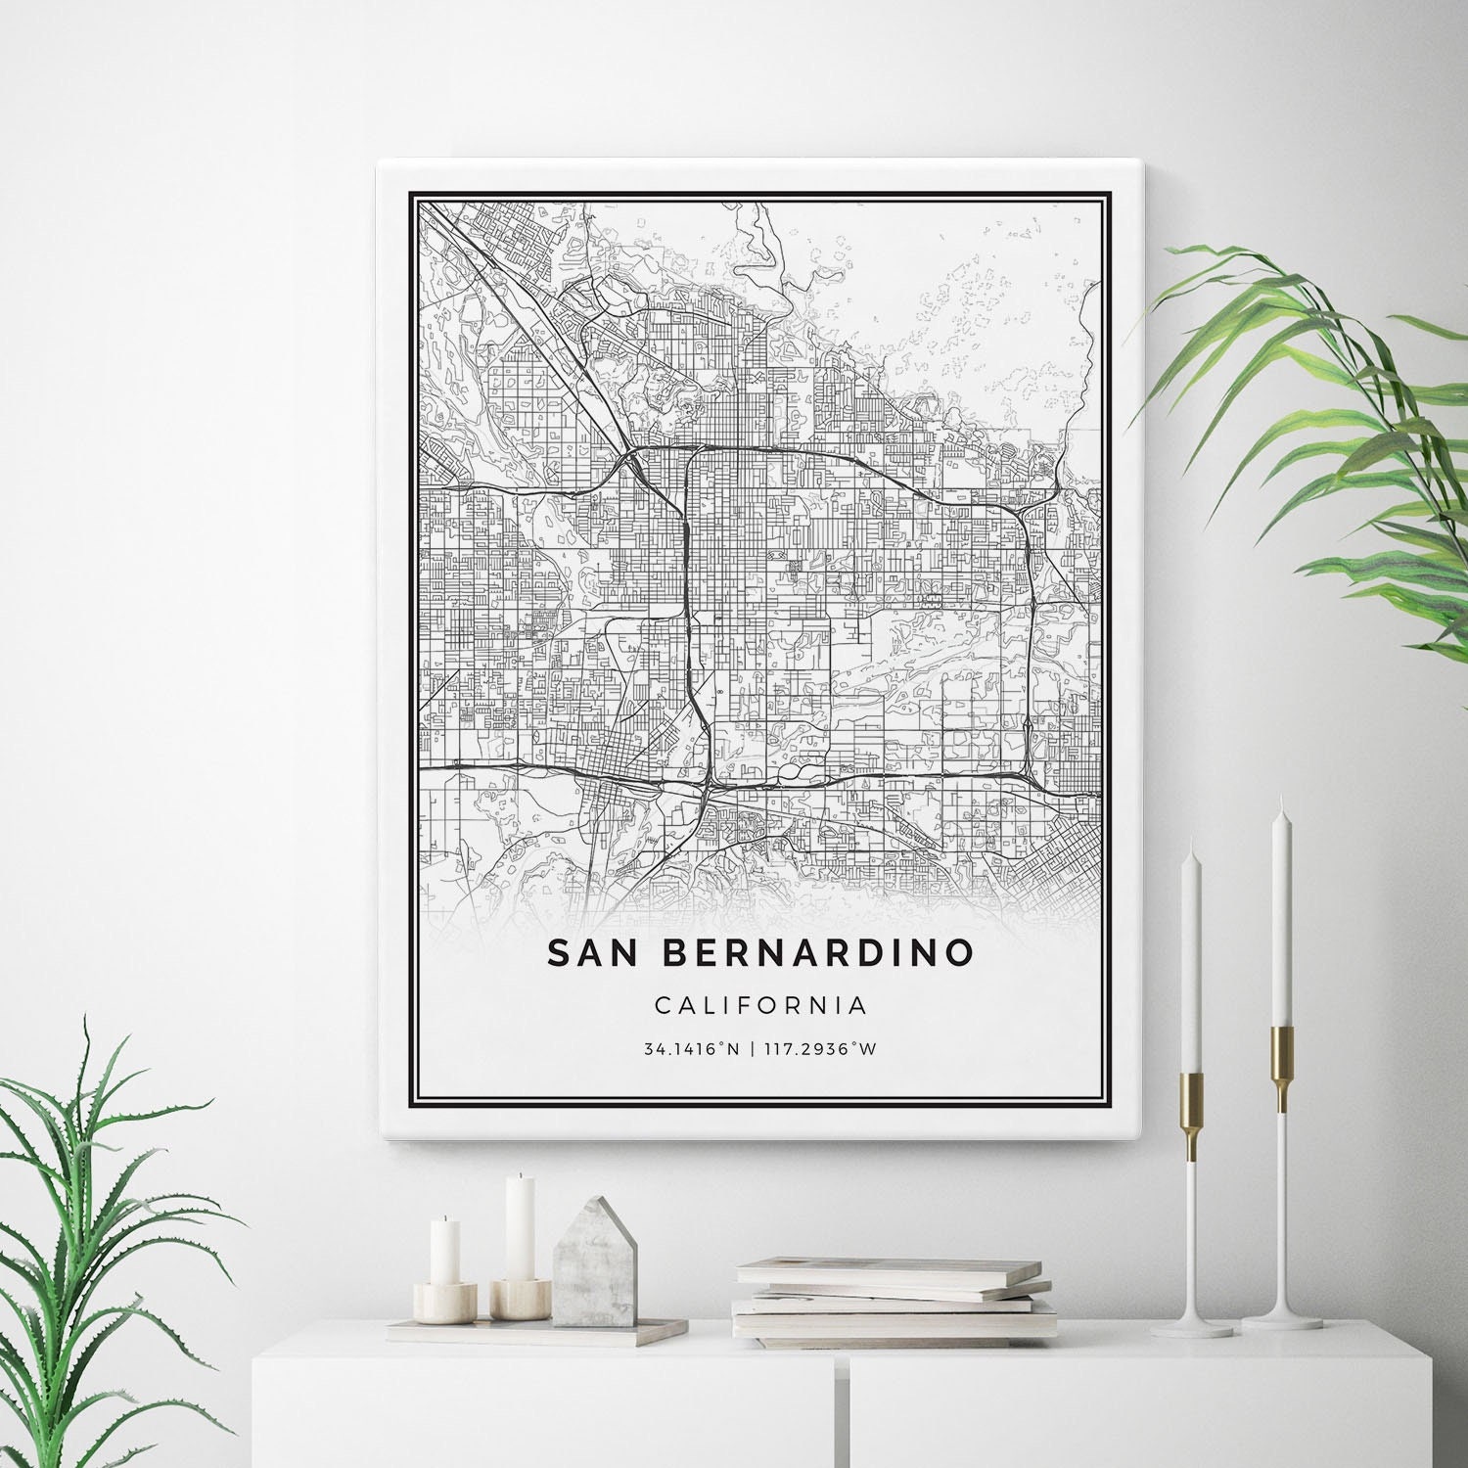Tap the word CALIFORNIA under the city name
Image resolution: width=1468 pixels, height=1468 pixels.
(760, 1004)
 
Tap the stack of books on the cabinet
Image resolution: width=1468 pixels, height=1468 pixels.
(893, 1298)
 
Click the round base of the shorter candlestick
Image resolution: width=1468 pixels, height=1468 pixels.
(1191, 1327)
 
